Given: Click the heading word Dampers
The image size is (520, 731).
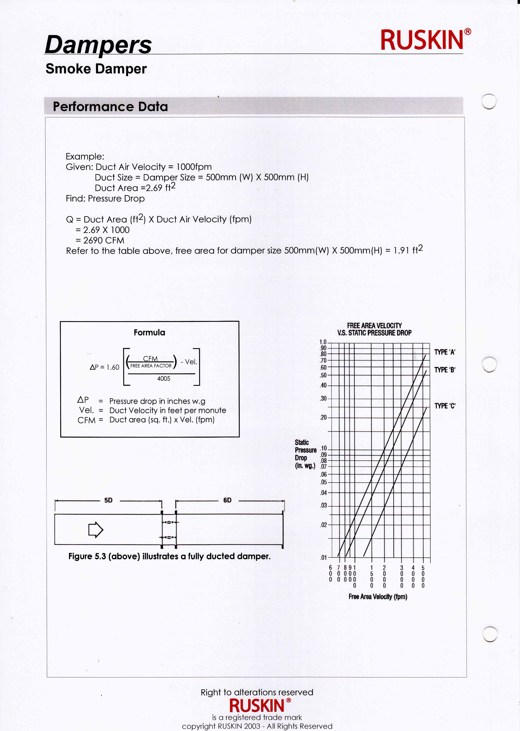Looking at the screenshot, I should tap(98, 45).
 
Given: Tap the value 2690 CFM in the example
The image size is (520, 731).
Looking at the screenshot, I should tap(103, 240).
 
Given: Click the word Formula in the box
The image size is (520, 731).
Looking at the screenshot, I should tap(149, 332).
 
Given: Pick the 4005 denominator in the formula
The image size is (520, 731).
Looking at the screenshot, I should tap(164, 379).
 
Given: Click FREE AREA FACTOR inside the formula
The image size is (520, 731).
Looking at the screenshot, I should tap(151, 366).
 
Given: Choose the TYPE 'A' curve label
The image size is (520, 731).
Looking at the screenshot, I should tap(445, 352).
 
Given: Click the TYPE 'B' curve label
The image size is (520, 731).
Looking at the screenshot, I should tap(445, 370).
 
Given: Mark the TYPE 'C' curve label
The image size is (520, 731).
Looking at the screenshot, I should tap(445, 406).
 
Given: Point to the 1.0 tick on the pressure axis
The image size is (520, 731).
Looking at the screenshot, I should tap(323, 342).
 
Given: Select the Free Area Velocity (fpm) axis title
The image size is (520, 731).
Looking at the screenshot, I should tap(378, 597).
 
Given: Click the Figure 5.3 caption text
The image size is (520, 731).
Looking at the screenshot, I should tap(169, 556).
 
